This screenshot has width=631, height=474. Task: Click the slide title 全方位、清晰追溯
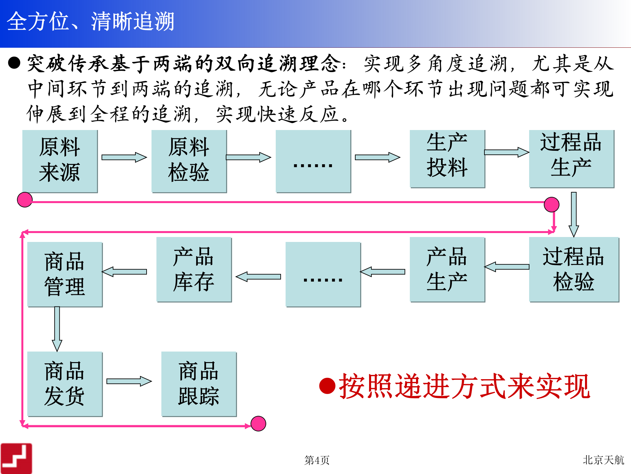click(90, 22)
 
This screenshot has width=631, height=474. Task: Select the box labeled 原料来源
click(60, 161)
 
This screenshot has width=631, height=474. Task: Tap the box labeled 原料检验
click(189, 161)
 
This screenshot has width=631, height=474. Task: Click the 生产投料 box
click(447, 158)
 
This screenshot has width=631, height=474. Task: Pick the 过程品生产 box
click(571, 158)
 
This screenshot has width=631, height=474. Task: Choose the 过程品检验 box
click(573, 269)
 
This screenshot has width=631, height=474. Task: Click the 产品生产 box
click(447, 269)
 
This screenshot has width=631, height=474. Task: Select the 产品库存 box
click(194, 269)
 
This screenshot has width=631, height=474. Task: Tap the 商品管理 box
click(65, 274)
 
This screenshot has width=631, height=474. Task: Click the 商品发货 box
click(65, 383)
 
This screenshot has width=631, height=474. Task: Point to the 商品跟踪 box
click(199, 383)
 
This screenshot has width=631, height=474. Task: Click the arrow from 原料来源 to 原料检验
click(124, 157)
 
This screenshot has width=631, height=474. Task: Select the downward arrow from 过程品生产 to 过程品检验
click(573, 214)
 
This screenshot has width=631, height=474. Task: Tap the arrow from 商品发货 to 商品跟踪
click(129, 381)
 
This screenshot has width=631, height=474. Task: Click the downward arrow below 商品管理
click(57, 329)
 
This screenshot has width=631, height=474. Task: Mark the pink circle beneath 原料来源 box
click(25, 199)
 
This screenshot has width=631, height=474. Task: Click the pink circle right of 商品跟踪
click(258, 423)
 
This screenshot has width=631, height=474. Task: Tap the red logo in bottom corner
click(16, 458)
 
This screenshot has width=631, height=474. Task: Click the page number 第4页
click(317, 460)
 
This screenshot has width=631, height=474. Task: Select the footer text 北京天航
click(603, 460)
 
